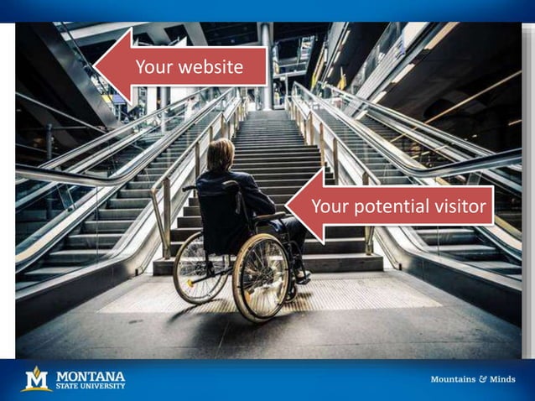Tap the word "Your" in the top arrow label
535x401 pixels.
[x=156, y=66]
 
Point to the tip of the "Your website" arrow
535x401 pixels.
[x=95, y=66]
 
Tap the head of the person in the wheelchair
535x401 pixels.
[x=221, y=154]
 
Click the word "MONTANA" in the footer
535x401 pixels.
[x=90, y=374]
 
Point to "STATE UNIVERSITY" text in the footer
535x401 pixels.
[x=90, y=386]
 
